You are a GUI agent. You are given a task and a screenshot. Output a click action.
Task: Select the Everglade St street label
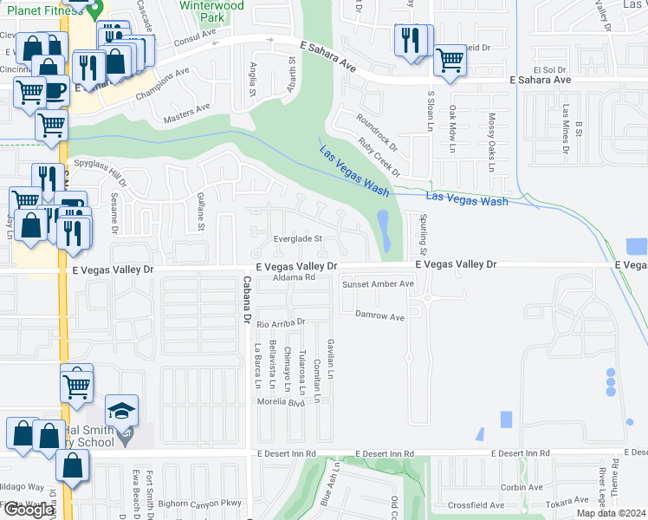297,238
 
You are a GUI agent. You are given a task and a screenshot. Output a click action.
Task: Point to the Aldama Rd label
294,278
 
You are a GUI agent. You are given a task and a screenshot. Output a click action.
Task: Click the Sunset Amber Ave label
378,284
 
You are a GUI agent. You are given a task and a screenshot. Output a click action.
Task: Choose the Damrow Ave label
382,317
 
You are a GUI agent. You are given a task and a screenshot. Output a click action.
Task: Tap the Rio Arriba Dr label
282,322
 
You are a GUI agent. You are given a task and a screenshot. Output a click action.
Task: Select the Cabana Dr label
246,295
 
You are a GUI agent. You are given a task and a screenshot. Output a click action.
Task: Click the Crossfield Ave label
476,504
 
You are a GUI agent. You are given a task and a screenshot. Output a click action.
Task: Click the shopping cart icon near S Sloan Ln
450,61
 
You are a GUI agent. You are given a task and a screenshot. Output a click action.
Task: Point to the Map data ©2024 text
610,513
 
